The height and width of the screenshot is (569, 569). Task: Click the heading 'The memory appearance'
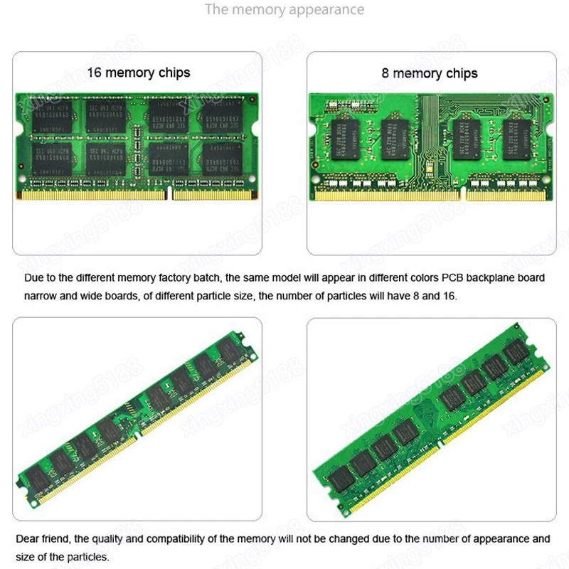coord(284,10)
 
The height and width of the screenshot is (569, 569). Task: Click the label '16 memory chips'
coord(139,73)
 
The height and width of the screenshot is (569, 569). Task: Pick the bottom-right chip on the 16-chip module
coord(223,160)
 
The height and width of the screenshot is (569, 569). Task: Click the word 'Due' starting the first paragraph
coord(34,278)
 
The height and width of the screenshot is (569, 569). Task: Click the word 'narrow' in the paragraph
coord(41,295)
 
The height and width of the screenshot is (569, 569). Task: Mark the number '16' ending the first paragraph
coord(450,295)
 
